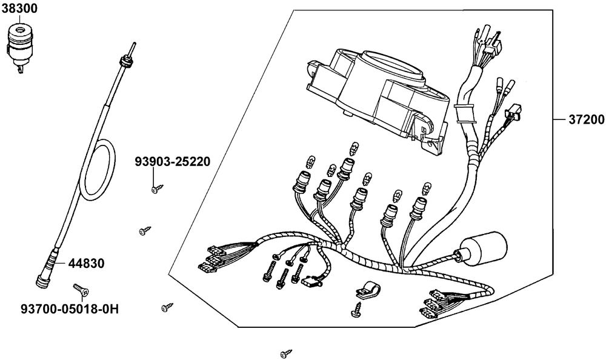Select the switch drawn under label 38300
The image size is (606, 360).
point(21,43)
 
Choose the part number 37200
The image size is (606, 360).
point(586,121)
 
